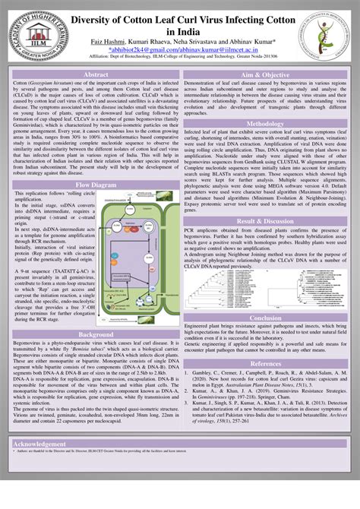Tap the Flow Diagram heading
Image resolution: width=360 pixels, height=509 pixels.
(96, 185)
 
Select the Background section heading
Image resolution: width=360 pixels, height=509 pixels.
(96, 334)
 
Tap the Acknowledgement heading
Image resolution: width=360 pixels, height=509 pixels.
(46, 443)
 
